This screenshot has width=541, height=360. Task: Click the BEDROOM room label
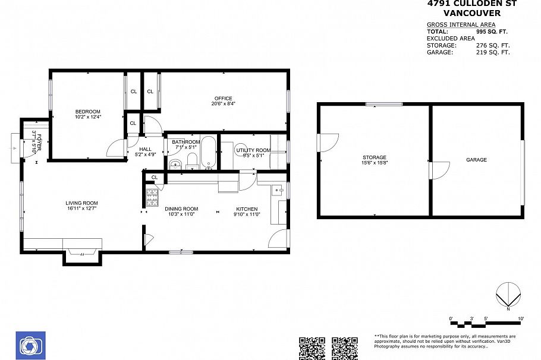[87, 112]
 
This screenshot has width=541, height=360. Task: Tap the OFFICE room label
[224, 99]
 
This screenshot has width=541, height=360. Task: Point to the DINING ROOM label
[181, 209]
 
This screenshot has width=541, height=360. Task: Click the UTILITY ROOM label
[253, 150]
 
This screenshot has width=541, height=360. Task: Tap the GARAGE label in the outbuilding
[476, 160]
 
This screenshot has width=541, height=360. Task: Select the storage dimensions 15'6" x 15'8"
[375, 163]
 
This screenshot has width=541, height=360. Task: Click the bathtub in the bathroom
[209, 153]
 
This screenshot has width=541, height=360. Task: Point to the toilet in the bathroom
[192, 161]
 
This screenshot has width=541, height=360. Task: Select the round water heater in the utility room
[241, 151]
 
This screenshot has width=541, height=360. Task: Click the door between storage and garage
[437, 170]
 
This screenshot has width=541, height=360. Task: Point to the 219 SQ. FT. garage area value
[493, 52]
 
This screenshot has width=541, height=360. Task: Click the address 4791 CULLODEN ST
[472, 4]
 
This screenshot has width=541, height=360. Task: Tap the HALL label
[146, 150]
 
